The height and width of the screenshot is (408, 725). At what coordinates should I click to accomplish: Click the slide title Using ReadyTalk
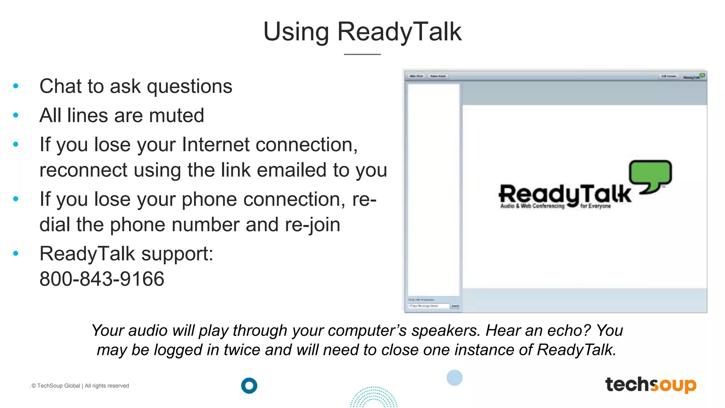(x=362, y=32)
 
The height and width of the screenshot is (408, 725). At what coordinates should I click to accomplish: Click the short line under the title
(x=362, y=54)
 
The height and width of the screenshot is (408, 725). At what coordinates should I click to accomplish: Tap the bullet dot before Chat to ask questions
(x=16, y=86)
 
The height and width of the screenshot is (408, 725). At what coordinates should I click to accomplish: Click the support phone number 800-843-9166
(x=102, y=279)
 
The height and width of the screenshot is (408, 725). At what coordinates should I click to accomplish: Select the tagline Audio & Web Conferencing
(x=532, y=206)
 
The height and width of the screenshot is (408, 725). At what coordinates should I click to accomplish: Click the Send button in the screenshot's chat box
(x=455, y=306)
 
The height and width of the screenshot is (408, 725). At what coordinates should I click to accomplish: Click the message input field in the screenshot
(x=428, y=306)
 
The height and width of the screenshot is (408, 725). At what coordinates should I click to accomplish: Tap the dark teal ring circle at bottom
(x=249, y=386)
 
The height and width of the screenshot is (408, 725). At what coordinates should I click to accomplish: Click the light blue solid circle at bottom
(x=455, y=378)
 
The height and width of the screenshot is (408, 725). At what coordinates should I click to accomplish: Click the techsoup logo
(x=651, y=385)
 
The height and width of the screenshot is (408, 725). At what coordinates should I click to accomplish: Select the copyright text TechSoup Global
(x=58, y=386)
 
